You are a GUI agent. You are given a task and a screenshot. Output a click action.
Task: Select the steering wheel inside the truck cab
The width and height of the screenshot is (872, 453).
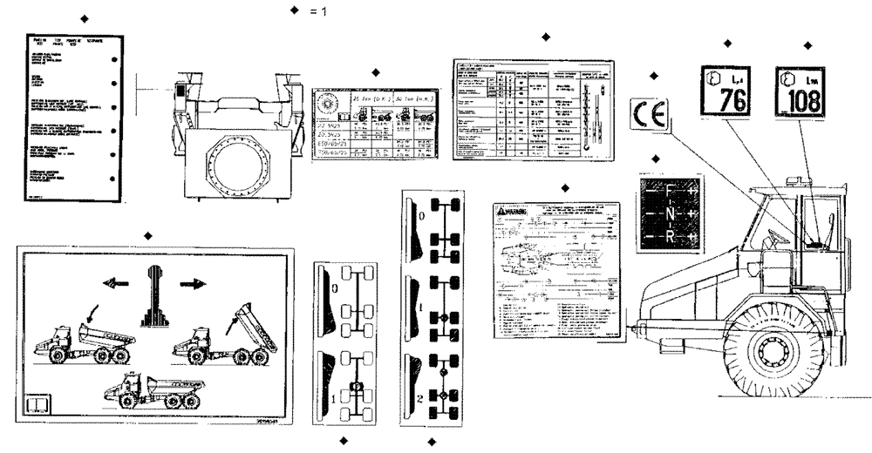pyautogui.click(x=772, y=237)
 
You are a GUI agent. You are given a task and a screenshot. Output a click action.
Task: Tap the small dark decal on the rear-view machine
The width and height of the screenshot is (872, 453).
pyautogui.click(x=181, y=91)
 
